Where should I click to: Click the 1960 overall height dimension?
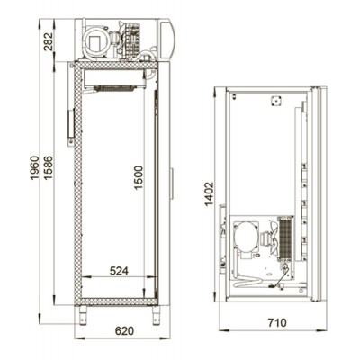click(x=35, y=167)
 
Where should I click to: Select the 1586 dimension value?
click(x=48, y=167)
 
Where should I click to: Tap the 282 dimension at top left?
click(x=48, y=41)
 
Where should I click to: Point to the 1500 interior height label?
click(x=139, y=177)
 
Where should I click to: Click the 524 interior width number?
click(x=119, y=271)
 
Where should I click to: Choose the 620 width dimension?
click(x=124, y=331)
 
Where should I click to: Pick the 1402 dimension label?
click(x=209, y=194)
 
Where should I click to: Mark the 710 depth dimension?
click(x=276, y=323)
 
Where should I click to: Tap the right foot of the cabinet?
click(x=156, y=315)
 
